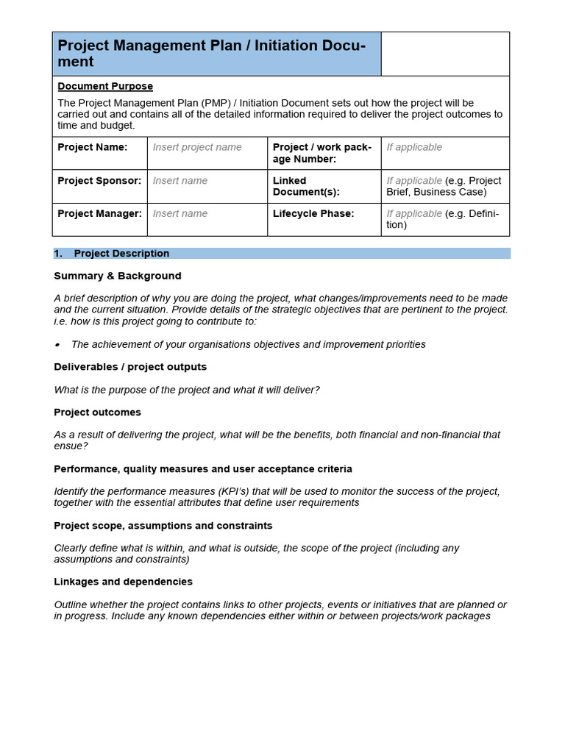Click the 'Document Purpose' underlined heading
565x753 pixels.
[105, 87]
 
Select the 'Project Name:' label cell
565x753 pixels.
[93, 147]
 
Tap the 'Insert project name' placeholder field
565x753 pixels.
[197, 147]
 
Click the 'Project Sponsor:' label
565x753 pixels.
[99, 181]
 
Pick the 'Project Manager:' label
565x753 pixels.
[99, 214]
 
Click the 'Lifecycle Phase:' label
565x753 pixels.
[313, 214]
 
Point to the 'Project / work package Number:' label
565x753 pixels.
[321, 153]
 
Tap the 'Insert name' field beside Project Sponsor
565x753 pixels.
[180, 181]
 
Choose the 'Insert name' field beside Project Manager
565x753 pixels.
[180, 214]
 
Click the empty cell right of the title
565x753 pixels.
[444, 54]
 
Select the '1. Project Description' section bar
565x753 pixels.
[282, 254]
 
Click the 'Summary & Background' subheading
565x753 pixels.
[117, 276]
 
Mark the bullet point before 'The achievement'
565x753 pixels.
[57, 345]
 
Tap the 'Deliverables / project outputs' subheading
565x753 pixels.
[130, 367]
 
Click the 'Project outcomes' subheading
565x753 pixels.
[97, 413]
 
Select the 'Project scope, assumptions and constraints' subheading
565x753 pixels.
[163, 526]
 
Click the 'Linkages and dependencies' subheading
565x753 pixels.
[123, 582]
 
